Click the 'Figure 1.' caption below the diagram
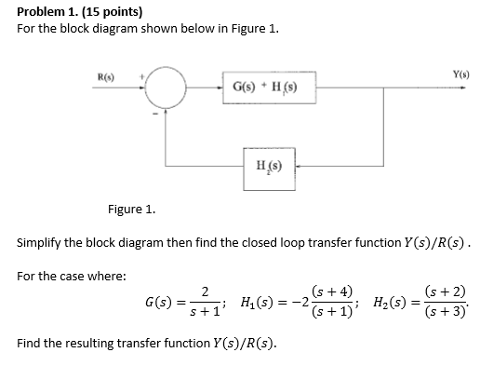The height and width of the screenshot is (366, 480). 131,210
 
